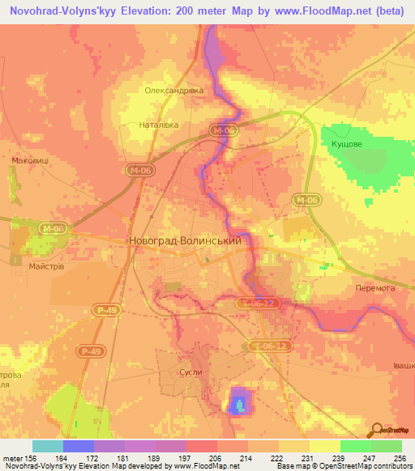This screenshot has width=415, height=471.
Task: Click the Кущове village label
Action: [x=349, y=143]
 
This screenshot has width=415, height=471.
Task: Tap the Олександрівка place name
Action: [x=173, y=91]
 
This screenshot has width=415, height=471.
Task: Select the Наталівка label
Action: [x=165, y=126]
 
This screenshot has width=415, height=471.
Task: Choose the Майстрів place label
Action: [x=46, y=265]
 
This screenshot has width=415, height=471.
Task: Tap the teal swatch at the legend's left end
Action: [x=47, y=446]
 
